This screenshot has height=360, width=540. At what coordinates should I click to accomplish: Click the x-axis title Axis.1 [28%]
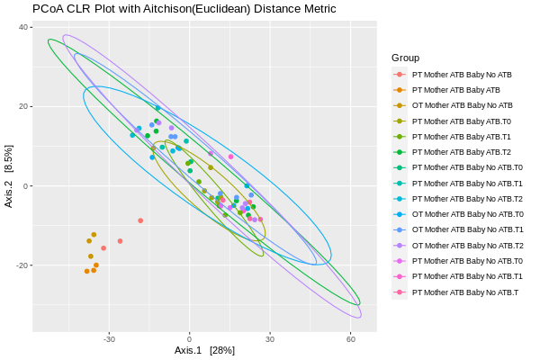pyautogui.click(x=204, y=350)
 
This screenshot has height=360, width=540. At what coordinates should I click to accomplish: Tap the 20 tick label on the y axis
pyautogui.click(x=24, y=106)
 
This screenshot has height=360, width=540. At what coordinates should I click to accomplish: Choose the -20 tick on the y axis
pyautogui.click(x=23, y=265)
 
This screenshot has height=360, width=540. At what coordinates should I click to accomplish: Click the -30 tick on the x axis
pyautogui.click(x=109, y=339)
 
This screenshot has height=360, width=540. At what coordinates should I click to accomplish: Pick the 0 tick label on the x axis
pyautogui.click(x=189, y=339)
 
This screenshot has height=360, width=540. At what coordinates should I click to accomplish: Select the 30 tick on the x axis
pyautogui.click(x=270, y=339)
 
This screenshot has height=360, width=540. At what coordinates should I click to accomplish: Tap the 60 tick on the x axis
pyautogui.click(x=350, y=339)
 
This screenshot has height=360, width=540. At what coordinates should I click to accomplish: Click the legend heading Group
pyautogui.click(x=405, y=58)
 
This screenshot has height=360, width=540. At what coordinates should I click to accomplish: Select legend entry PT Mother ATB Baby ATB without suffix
pyautogui.click(x=455, y=90)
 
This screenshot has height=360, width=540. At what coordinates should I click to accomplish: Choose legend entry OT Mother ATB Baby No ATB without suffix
pyautogui.click(x=462, y=105)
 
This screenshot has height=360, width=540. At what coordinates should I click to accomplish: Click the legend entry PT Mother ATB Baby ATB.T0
pyautogui.click(x=461, y=121)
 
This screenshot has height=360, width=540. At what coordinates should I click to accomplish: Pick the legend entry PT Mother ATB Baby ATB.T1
pyautogui.click(x=461, y=137)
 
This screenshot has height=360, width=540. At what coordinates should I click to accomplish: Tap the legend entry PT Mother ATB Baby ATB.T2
pyautogui.click(x=461, y=152)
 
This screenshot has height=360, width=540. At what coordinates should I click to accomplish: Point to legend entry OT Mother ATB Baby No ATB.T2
pyautogui.click(x=467, y=246)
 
